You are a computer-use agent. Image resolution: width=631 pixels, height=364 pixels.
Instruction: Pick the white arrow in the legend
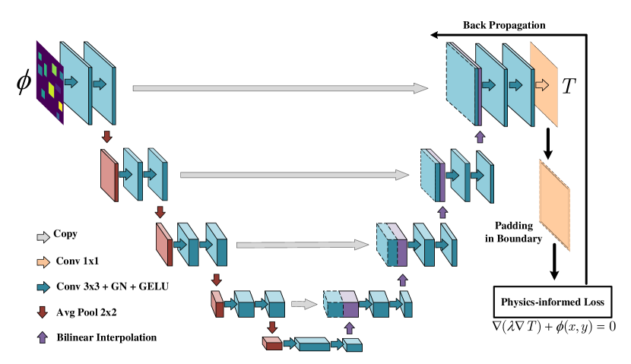(43, 237)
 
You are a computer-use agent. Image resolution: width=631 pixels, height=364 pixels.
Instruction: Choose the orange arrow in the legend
(43, 262)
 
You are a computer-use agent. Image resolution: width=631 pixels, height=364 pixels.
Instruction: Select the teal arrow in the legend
(43, 287)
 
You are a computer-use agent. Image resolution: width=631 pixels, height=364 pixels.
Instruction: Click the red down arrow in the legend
(43, 312)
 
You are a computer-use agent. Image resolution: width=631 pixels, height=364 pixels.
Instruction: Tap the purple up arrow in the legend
(43, 337)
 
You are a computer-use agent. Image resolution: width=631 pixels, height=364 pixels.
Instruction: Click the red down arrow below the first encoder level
(107, 137)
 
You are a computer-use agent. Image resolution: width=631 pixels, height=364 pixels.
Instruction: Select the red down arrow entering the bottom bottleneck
(272, 328)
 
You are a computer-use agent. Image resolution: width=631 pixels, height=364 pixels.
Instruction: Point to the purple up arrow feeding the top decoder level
(480, 137)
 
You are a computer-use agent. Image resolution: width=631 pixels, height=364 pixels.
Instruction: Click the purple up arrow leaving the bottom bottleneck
(350, 328)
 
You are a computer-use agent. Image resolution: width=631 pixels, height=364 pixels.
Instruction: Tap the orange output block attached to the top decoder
(544, 84)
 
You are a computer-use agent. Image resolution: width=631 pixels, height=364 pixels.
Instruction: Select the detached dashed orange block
(554, 205)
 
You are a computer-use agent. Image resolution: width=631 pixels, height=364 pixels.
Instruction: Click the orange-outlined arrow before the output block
(541, 85)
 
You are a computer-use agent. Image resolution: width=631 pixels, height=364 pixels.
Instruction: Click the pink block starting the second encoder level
(109, 175)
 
